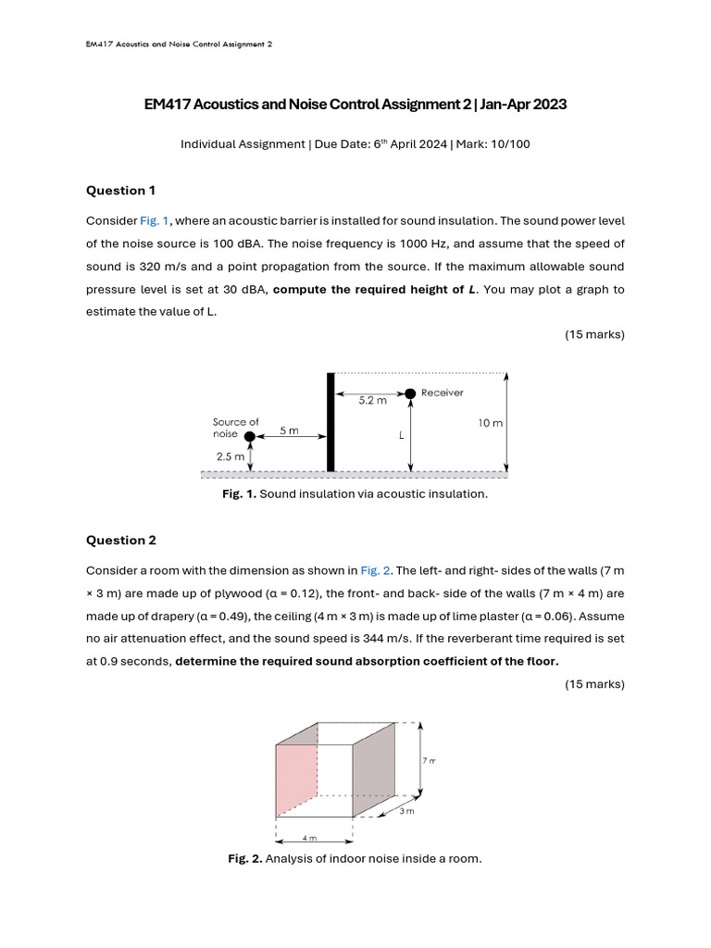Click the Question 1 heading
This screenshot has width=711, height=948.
pos(120,191)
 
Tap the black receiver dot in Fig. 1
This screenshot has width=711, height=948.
pos(410,393)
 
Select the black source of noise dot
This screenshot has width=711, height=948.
pos(249,436)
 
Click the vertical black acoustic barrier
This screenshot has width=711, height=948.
pos(330,422)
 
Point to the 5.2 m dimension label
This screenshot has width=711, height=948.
pos(372,401)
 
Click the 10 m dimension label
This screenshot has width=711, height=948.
pos(490,423)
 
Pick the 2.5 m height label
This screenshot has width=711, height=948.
pos(230,456)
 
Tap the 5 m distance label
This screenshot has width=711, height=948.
pos(289,430)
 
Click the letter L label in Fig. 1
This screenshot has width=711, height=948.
pos(402,434)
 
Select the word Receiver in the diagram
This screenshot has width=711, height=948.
pos(442,393)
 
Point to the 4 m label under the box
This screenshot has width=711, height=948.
pos(309,838)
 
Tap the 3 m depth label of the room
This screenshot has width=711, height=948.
pos(406,811)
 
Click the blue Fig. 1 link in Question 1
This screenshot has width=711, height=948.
pos(155,220)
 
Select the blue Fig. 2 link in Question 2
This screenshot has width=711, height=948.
pos(375,570)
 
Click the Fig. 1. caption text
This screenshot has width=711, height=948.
pos(355,494)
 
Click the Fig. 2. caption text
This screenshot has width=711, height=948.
pos(355,859)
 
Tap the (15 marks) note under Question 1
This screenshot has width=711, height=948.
pos(594,334)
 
